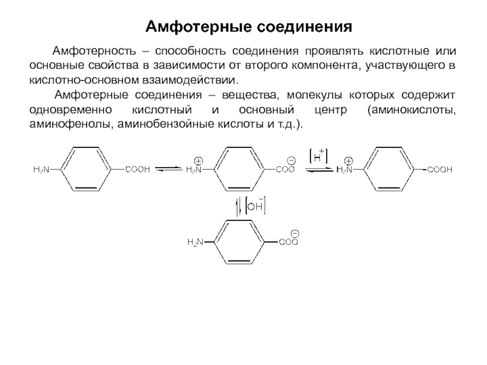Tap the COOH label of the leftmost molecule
[138, 170]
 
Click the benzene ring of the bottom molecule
[242, 242]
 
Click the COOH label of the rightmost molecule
[440, 170]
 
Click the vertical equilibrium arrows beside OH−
[239, 207]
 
